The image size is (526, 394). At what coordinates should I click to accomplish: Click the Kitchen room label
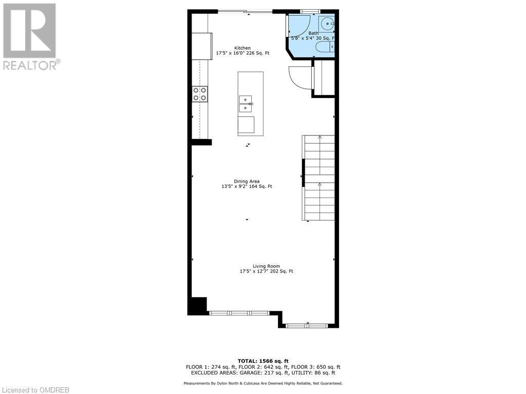coord(242,48)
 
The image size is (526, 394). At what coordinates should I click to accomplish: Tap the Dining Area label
coord(247,181)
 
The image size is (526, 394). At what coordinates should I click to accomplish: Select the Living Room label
coord(266,266)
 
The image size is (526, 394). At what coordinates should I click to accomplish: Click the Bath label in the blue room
coord(313,33)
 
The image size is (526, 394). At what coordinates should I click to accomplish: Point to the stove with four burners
coord(200,94)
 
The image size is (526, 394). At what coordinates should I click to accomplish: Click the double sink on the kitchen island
coord(246,103)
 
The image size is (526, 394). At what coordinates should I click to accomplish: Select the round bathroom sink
coord(327,24)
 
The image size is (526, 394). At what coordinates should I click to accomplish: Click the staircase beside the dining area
coord(319,178)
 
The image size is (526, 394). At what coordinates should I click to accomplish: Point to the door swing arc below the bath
coord(299,78)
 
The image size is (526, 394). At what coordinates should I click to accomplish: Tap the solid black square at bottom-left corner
coord(197,306)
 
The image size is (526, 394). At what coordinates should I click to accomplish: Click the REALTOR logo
coord(30,36)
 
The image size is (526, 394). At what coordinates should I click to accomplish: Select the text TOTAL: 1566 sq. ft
coord(262,361)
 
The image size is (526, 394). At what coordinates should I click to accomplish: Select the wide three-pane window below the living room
coord(239,312)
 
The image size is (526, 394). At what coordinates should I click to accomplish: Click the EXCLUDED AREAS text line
coord(262,373)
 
